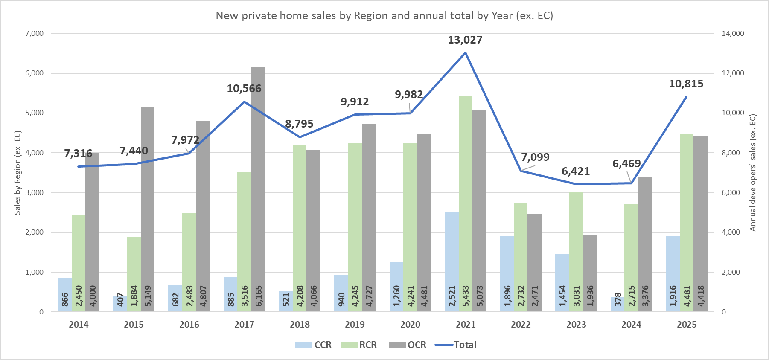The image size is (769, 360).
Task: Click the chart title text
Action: click(384, 16)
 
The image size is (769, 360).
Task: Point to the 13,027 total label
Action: click(465, 40)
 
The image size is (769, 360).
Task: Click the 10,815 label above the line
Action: click(686, 84)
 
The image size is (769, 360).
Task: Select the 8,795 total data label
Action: click(299, 124)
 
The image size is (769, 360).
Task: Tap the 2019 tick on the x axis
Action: click(355, 325)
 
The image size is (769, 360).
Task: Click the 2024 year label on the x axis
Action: click(631, 325)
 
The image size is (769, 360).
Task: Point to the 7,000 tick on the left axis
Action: click(35, 33)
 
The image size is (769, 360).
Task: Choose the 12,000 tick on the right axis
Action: click(733, 73)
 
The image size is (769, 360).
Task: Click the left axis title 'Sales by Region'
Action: click(17, 173)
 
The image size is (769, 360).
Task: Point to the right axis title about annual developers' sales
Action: click(753, 173)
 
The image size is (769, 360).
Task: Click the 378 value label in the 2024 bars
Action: click(618, 299)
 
